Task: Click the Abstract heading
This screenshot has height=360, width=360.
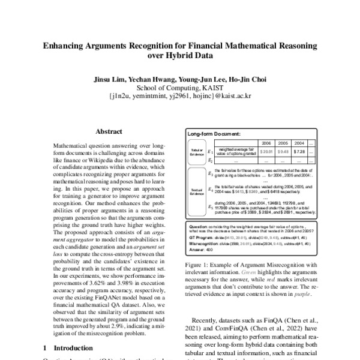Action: [x=109, y=132]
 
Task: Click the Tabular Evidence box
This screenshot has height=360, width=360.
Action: [x=194, y=152]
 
